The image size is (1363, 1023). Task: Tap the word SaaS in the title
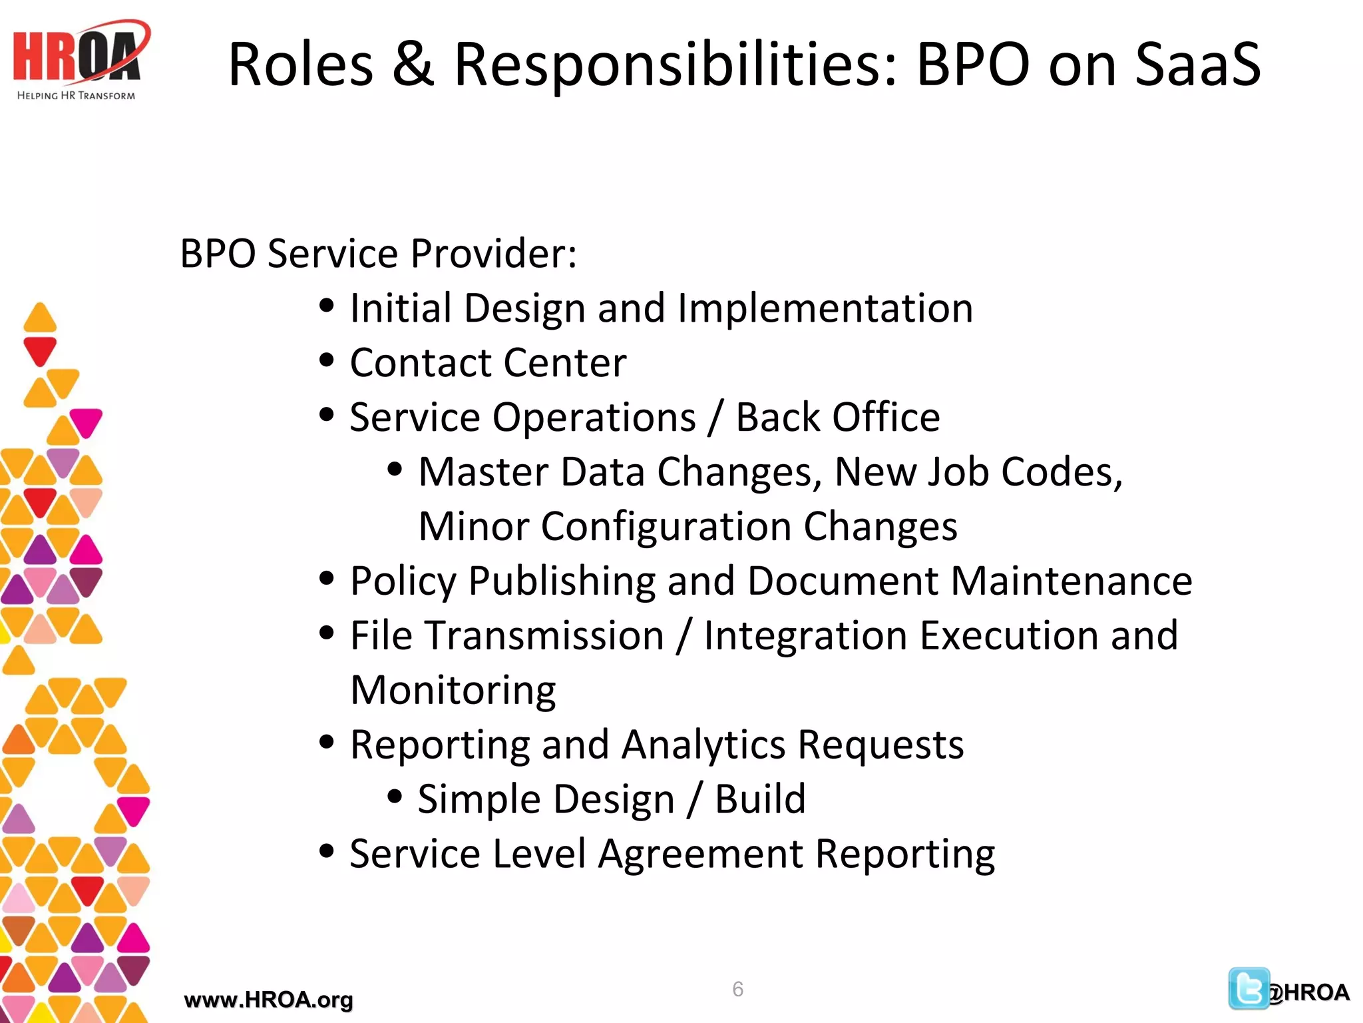(x=1197, y=64)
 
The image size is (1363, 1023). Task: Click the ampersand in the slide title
(x=413, y=64)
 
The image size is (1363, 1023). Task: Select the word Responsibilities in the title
(x=676, y=65)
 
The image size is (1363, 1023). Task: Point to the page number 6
(x=737, y=989)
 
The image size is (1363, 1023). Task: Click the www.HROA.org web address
(x=268, y=1000)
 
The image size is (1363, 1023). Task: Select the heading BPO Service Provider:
(x=378, y=254)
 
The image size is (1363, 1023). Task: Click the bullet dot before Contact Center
(x=326, y=360)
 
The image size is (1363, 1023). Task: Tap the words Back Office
(x=837, y=418)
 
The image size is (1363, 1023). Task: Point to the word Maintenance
(x=1071, y=581)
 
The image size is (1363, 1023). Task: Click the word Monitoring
(x=453, y=690)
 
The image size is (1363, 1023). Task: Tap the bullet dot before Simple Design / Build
(x=395, y=796)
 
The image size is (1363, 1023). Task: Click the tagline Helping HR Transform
(x=76, y=96)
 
